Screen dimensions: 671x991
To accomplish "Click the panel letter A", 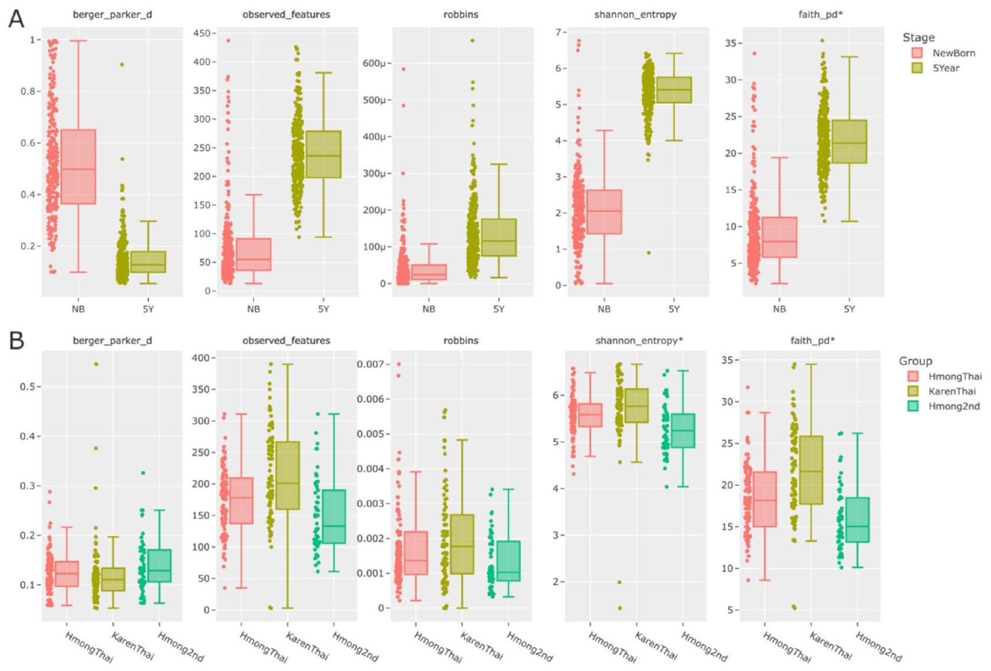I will coord(16,19).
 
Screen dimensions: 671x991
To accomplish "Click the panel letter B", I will coord(16,341).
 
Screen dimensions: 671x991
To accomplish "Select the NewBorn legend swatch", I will coord(917,53).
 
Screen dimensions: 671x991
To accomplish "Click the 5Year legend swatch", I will coord(917,68).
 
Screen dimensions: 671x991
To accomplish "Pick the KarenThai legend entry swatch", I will coord(913,391).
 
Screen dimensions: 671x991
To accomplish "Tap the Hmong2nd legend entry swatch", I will coord(913,406).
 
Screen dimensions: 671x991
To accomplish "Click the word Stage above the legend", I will coord(918,37).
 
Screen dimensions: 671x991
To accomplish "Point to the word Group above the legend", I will coord(915,361).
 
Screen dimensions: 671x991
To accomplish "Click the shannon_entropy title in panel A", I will coord(635,14).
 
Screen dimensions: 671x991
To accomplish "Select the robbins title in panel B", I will coord(461,341).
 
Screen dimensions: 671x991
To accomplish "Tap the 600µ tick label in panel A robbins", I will coord(375,63).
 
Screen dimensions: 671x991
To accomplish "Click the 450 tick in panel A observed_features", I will coord(202,33).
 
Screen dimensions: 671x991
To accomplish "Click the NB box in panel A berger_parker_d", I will coord(78,167).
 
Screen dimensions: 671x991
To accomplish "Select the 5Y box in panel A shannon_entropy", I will coord(674,90).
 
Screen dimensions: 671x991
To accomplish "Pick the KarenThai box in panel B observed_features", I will coord(288,475).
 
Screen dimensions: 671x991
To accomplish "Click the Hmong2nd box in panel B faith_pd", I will coord(857,520).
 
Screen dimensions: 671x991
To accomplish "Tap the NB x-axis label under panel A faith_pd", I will coord(779,309).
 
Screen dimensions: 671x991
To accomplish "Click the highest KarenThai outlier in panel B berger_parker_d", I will coord(96,364).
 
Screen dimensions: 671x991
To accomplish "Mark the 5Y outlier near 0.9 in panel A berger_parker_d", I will coord(122,64).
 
